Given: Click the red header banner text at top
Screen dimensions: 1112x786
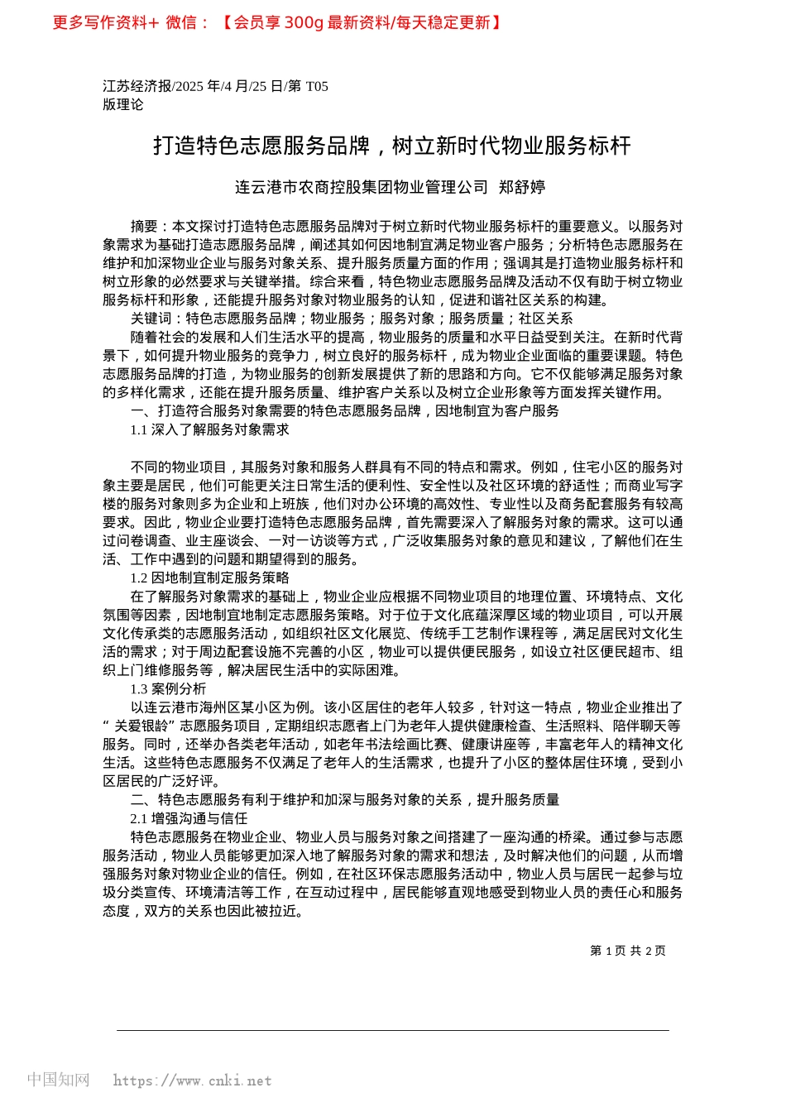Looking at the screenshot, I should point(277,22).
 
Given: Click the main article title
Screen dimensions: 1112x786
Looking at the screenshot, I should point(392,146).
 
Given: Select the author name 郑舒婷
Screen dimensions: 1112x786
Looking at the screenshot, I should point(522,187).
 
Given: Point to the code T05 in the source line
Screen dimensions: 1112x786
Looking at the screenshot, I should point(317,86).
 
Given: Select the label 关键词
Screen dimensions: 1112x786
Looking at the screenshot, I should point(151,319).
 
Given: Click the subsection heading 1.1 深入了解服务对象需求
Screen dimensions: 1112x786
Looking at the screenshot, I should point(209,429).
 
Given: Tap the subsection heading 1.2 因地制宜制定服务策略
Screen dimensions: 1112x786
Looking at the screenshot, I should point(209,578).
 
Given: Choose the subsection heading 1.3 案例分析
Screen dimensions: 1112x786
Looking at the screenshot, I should point(168,688).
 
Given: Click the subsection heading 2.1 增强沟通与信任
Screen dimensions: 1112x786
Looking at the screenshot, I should point(189,818).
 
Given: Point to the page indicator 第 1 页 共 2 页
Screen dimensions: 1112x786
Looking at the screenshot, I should point(627,951).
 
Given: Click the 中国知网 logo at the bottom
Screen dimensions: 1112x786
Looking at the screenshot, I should point(58,1080).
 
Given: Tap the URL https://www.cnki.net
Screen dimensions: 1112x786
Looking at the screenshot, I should point(192,1081).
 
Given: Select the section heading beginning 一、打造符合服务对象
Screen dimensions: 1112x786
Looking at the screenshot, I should point(345,411).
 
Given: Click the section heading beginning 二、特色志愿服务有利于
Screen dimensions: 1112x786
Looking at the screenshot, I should point(345,799).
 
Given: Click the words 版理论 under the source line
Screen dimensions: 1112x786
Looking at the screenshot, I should point(123,104).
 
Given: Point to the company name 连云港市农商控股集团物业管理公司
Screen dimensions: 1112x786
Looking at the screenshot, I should point(362,187).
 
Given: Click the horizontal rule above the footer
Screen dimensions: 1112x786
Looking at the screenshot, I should point(392,1030).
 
